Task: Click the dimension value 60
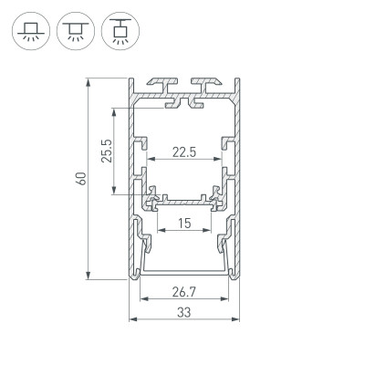pyautogui.click(x=81, y=179)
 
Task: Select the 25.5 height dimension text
pyautogui.click(x=107, y=151)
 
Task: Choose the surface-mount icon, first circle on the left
pyautogui.click(x=30, y=29)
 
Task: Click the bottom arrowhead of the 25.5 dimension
pyautogui.click(x=114, y=193)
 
